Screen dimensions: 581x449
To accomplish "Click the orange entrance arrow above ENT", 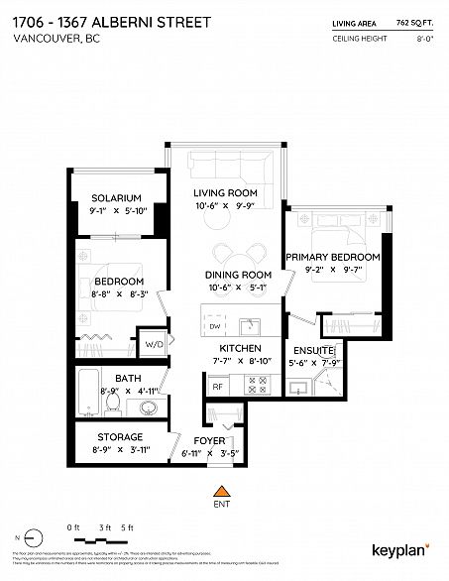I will pos(222,489).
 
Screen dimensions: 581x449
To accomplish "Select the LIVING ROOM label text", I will pos(225,191).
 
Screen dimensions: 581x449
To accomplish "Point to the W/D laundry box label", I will pos(154,345).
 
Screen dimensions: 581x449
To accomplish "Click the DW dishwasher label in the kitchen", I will pos(214,326).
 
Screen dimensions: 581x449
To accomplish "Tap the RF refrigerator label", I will pos(216,388).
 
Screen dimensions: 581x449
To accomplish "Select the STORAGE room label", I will pos(120,437).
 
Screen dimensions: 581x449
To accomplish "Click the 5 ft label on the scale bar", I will pos(125,525).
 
